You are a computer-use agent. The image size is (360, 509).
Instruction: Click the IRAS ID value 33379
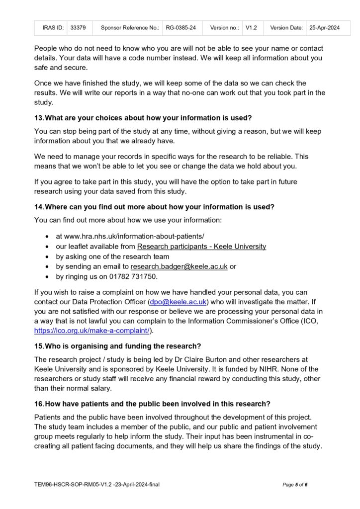tap(78, 28)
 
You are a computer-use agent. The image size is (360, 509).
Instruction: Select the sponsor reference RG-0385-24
tap(181, 28)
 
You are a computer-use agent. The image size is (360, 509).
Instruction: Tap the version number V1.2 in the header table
tap(251, 28)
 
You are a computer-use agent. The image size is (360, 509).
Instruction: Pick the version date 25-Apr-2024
tap(324, 28)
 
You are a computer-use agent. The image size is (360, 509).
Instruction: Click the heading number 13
tap(39, 117)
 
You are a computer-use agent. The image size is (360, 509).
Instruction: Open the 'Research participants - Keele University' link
tap(201, 247)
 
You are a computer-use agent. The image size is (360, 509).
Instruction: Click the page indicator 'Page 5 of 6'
tap(295, 485)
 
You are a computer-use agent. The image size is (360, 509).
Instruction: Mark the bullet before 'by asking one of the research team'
tap(47, 256)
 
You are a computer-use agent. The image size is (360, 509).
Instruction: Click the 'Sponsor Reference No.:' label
tap(129, 28)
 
